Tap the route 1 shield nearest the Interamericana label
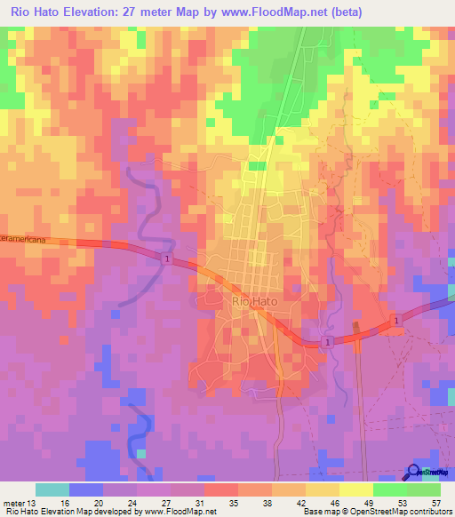166,258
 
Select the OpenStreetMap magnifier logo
414,473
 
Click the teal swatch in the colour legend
52,489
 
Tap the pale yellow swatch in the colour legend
356,489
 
